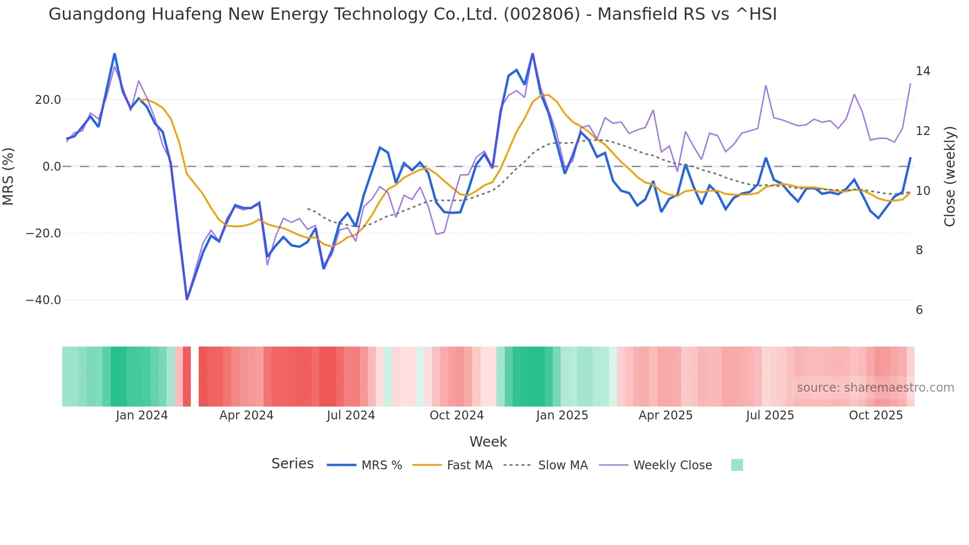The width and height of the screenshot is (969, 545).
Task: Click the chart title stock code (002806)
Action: tap(541, 14)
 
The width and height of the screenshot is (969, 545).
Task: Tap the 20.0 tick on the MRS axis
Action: tap(48, 100)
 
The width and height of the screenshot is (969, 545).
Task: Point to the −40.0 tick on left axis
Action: tap(44, 300)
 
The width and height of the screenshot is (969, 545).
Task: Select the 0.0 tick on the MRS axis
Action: tap(51, 167)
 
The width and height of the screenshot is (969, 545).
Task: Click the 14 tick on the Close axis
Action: tap(923, 71)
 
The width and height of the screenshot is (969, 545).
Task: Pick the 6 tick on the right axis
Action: tap(919, 310)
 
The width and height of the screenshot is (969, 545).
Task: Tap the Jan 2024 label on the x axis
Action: tap(142, 415)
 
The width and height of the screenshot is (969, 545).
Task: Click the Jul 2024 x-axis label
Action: tap(351, 415)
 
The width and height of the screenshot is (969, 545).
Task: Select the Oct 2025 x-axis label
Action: tap(876, 415)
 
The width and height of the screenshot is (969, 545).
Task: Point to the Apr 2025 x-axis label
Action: tap(665, 415)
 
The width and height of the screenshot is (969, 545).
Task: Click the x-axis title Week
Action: tap(488, 442)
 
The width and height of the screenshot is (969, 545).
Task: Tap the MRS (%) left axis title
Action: tap(8, 176)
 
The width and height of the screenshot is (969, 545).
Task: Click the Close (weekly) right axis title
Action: tap(950, 177)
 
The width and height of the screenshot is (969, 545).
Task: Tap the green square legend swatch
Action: tap(737, 465)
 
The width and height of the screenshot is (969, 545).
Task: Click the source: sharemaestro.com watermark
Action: tap(875, 388)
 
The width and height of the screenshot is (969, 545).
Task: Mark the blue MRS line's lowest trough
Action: tap(187, 299)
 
